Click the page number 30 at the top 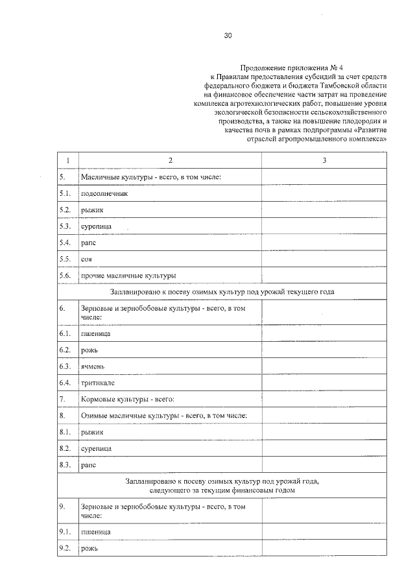(228, 36)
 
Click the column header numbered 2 (170, 160)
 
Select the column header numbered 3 (324, 160)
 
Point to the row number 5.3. (64, 226)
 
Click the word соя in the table (86, 259)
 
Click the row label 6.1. (64, 333)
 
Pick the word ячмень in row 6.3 (93, 366)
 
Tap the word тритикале (97, 383)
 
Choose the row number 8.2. (64, 448)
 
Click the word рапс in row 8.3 (88, 465)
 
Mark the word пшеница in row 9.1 (95, 532)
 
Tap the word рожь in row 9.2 (89, 549)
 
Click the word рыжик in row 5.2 (91, 210)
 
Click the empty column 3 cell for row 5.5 (324, 259)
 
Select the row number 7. (62, 399)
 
